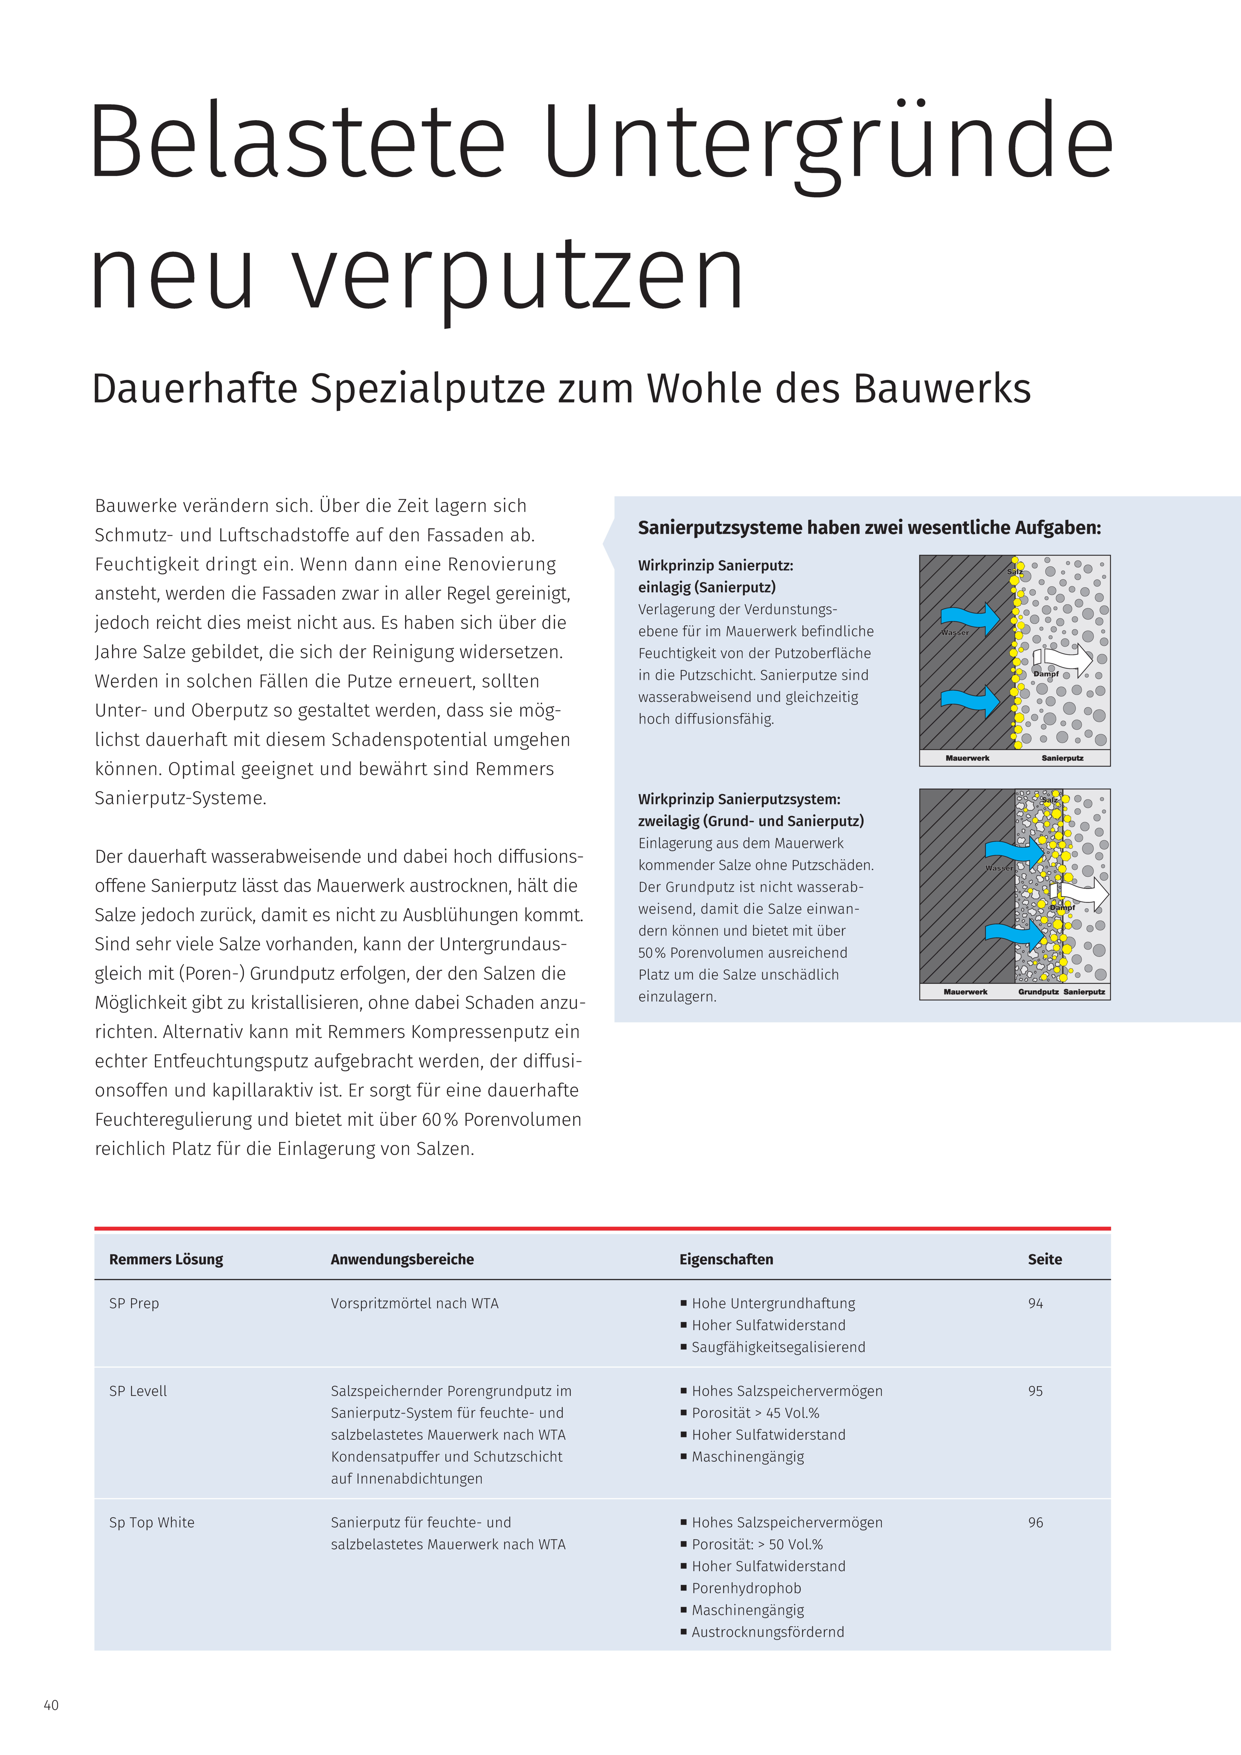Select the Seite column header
[x=1045, y=1259]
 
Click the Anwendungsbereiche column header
[x=402, y=1259]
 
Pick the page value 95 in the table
[x=1035, y=1391]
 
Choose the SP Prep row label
[x=134, y=1303]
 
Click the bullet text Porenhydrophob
[x=746, y=1588]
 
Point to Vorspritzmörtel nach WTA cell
[x=414, y=1303]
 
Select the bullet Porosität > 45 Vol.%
[x=756, y=1413]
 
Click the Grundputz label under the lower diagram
[x=1037, y=991]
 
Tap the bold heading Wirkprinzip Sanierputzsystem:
[x=739, y=799]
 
